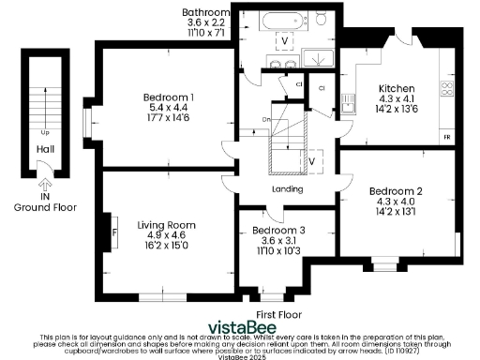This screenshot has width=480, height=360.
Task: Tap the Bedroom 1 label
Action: tap(169, 97)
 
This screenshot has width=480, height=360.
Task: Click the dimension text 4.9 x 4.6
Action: tap(166, 235)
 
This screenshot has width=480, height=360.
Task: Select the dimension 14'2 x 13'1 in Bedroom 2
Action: tap(395, 211)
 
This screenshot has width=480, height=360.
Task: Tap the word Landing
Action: tap(287, 189)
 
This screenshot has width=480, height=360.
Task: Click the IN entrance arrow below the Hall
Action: tap(45, 187)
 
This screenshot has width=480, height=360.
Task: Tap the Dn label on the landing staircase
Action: tap(267, 119)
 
